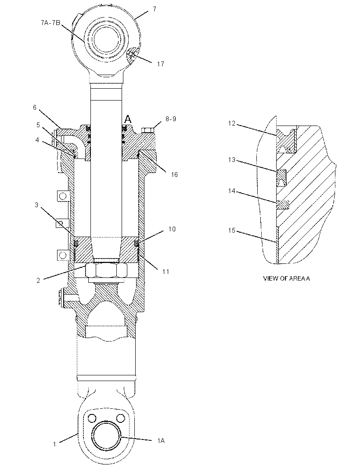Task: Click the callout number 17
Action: (x=161, y=64)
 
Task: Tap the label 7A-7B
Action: (x=50, y=23)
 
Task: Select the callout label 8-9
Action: (x=171, y=119)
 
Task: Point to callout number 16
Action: (x=174, y=175)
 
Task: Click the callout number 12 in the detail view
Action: (x=232, y=123)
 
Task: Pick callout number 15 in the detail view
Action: (x=232, y=230)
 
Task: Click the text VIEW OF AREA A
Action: (x=286, y=278)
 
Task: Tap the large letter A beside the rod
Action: (x=128, y=119)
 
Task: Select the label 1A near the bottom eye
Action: (x=161, y=440)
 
